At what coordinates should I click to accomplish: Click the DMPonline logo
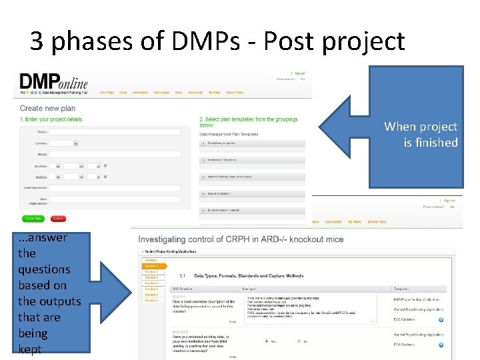(x=53, y=82)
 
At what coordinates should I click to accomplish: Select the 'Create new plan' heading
(x=47, y=108)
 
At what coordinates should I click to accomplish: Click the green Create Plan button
(x=33, y=218)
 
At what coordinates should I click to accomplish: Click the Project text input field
(x=115, y=132)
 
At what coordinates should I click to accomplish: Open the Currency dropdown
(x=65, y=143)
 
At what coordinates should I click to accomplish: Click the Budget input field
(x=115, y=154)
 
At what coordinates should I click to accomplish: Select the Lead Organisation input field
(x=115, y=188)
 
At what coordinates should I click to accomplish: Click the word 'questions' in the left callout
(x=44, y=269)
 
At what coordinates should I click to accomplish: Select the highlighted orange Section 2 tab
(x=151, y=266)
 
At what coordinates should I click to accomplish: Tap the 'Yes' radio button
(x=266, y=341)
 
